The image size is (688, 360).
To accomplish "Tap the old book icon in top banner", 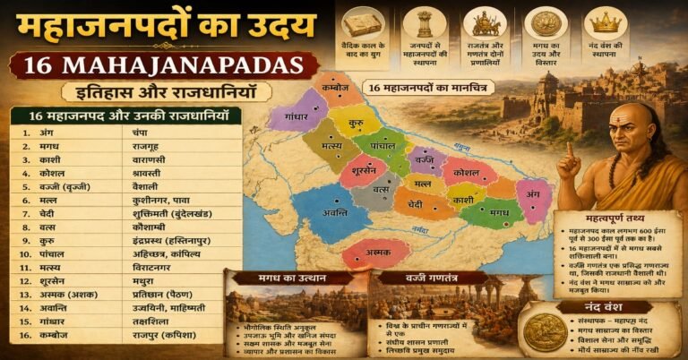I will tap(362, 21).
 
